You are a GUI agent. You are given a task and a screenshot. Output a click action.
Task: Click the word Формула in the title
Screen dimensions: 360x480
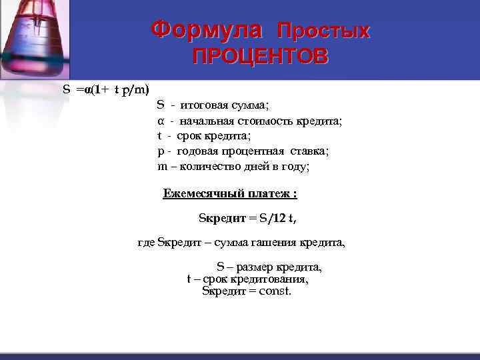(207, 29)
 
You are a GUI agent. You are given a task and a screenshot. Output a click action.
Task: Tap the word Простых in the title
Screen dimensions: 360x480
(323, 31)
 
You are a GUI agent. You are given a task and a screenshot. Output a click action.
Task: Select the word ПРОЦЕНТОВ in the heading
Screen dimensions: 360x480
(260, 57)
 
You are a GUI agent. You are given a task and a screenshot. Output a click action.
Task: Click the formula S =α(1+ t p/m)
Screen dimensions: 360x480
(106, 89)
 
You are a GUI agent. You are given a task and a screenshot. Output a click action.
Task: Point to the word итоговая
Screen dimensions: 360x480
(202, 105)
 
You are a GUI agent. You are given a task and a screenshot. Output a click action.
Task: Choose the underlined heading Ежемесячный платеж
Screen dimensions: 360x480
(229, 194)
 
